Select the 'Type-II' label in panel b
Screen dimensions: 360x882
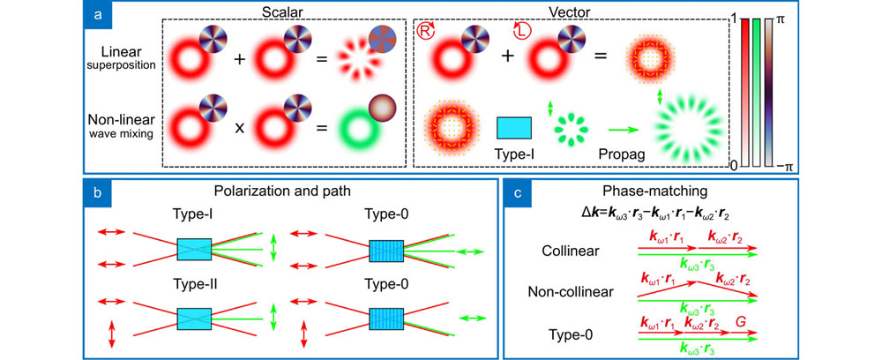pyautogui.click(x=197, y=283)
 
